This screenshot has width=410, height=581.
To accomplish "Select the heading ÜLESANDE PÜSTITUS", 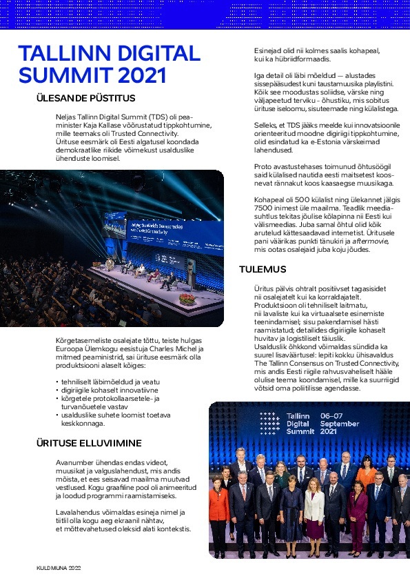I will (85, 98).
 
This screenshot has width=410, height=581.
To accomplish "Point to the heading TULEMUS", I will (263, 269).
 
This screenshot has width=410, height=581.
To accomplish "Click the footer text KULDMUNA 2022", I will (59, 567).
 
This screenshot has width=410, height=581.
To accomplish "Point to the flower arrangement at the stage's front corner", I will (187, 299).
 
